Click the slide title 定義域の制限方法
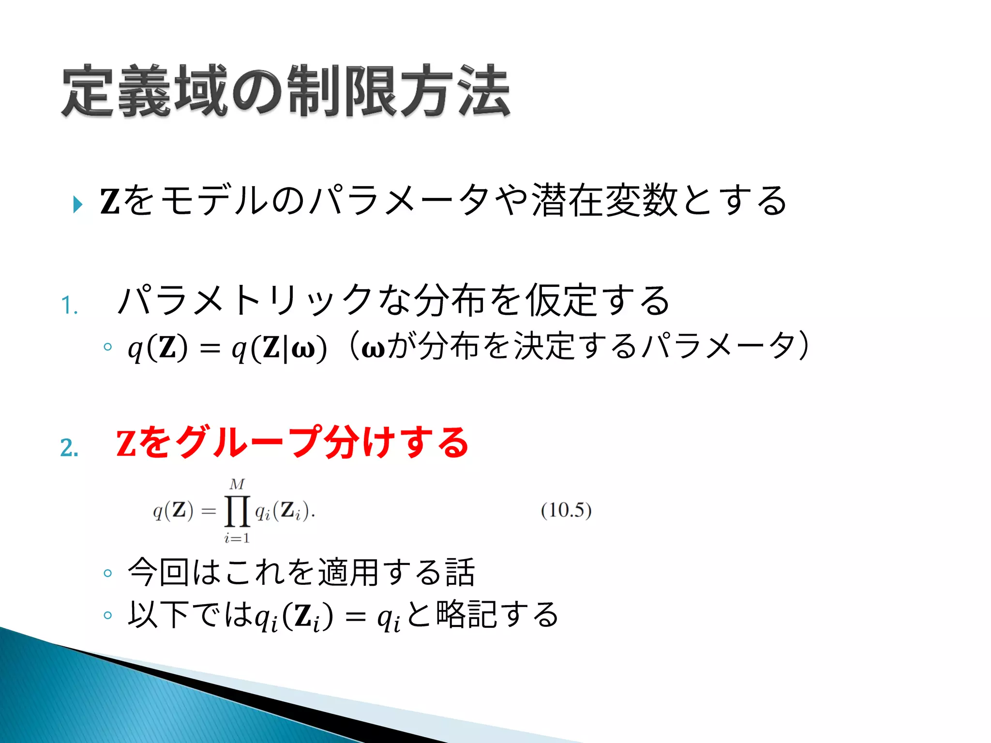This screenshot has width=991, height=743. click(285, 91)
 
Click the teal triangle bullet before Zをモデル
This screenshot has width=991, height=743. click(77, 204)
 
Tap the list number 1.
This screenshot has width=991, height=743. click(69, 306)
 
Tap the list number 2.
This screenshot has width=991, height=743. click(69, 447)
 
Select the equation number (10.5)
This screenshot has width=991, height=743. click(566, 510)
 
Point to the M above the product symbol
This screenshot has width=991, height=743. click(237, 484)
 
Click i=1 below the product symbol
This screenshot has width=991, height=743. click(237, 538)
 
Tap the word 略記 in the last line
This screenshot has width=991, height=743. click(466, 614)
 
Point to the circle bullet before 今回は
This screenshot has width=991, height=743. click(108, 574)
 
